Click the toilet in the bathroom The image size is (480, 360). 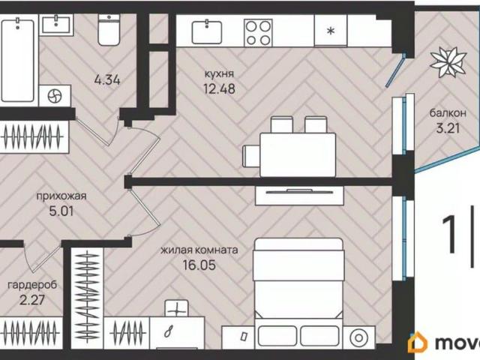[x=109, y=30]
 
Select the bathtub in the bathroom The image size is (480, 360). [x=18, y=60]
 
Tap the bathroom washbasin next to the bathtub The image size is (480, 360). [x=56, y=25]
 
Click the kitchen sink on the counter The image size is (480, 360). [x=207, y=31]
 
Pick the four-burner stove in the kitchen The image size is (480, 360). [x=258, y=33]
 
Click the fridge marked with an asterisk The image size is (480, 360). [x=331, y=31]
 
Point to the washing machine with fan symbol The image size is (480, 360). [x=55, y=96]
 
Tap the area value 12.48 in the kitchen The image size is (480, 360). [x=219, y=88]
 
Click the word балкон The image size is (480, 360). [x=448, y=113]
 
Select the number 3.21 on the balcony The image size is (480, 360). [x=448, y=128]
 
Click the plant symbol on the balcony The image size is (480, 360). [x=448, y=62]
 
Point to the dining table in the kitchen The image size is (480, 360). [x=298, y=154]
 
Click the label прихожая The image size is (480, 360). [x=61, y=196]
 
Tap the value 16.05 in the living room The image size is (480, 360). [x=199, y=265]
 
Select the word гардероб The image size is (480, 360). [x=32, y=285]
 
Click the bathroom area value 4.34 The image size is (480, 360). [x=107, y=80]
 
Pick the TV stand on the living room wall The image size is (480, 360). [x=299, y=195]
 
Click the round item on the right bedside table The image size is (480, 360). [x=359, y=337]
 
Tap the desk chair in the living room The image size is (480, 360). [x=177, y=308]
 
